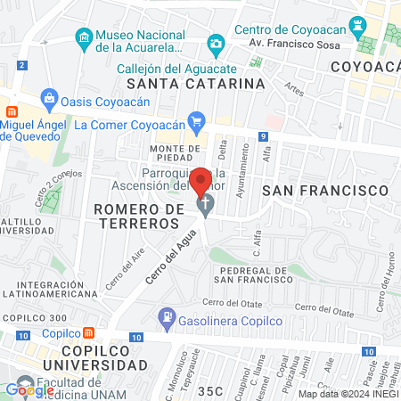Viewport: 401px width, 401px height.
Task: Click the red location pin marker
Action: coord(202,181)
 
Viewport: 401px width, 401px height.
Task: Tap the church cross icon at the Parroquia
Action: coord(204,206)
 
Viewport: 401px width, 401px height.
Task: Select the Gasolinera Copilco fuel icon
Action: coord(166,315)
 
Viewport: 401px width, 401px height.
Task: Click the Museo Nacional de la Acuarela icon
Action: coord(83,37)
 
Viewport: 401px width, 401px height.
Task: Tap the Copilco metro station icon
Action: coord(89,333)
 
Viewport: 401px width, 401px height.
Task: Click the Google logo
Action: coord(29,389)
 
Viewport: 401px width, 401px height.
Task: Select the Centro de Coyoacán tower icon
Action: coord(359,21)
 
